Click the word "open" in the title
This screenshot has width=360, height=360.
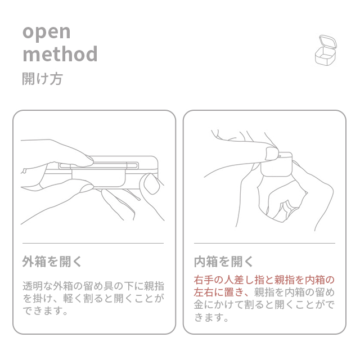[46, 33]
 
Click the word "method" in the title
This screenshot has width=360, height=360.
[60, 54]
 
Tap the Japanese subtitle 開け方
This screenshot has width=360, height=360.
[42, 79]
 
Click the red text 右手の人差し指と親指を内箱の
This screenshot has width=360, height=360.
[264, 280]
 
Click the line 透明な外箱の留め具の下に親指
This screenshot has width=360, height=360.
[93, 286]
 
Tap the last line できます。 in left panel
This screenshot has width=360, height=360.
[45, 311]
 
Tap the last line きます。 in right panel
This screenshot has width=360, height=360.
[211, 317]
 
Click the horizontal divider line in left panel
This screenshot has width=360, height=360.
[93, 243]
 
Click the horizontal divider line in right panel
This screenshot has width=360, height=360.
[264, 243]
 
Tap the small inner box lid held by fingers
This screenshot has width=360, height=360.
[277, 164]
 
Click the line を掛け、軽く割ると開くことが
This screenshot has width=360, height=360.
[93, 298]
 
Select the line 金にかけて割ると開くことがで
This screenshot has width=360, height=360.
[264, 305]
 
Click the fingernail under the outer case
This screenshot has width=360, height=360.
[86, 188]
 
